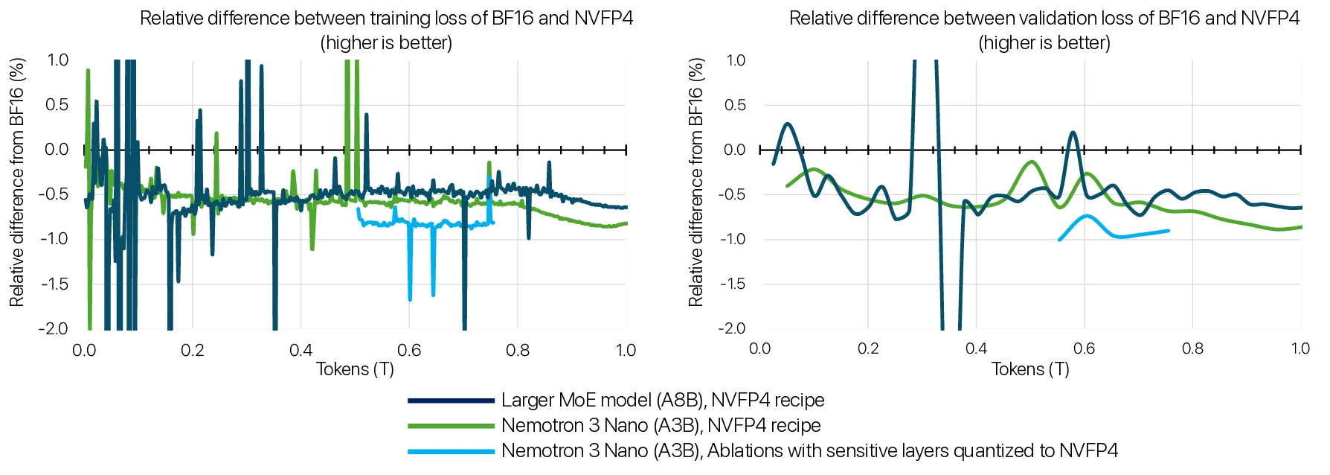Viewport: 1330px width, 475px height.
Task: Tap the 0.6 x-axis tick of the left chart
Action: click(x=409, y=350)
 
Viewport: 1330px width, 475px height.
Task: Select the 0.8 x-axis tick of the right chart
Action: click(x=1192, y=348)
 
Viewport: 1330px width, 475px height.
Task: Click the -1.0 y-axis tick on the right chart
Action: click(x=733, y=239)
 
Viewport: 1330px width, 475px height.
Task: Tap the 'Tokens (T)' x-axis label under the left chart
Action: click(x=355, y=369)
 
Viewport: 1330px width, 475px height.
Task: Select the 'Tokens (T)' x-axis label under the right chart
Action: click(x=1030, y=369)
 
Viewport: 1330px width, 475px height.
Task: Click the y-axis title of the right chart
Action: click(x=695, y=182)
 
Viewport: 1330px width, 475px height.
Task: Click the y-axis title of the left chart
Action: click(x=16, y=182)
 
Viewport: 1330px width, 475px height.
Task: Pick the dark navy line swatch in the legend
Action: click(x=451, y=401)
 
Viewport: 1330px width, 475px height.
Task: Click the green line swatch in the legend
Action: click(x=451, y=426)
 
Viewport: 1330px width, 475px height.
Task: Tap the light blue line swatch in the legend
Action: click(x=451, y=451)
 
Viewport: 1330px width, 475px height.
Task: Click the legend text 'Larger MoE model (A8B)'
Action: click(x=603, y=401)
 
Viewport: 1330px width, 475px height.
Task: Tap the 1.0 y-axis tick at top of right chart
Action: click(x=736, y=60)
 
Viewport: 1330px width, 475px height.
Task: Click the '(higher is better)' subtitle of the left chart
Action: click(x=386, y=43)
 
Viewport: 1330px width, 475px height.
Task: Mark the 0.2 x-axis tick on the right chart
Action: click(x=868, y=348)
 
